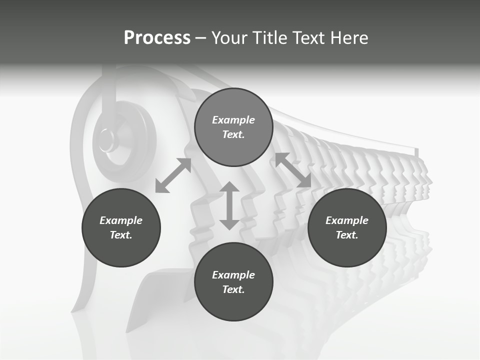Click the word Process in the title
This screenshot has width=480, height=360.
tap(157, 38)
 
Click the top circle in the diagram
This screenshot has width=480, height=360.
tap(233, 127)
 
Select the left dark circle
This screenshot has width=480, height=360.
tap(121, 227)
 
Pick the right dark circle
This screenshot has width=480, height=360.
tap(347, 227)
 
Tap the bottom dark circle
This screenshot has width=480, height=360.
tap(233, 282)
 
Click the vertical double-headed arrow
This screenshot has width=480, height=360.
tap(229, 205)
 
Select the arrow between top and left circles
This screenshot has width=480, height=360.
tap(173, 175)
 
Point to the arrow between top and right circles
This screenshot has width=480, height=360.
tap(293, 170)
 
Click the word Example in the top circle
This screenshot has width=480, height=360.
tap(233, 120)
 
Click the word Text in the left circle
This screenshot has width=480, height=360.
tap(121, 235)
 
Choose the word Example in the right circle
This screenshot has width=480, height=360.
tap(347, 220)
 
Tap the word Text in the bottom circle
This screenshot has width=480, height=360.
tap(233, 289)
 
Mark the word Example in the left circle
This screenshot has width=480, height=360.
tap(121, 220)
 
